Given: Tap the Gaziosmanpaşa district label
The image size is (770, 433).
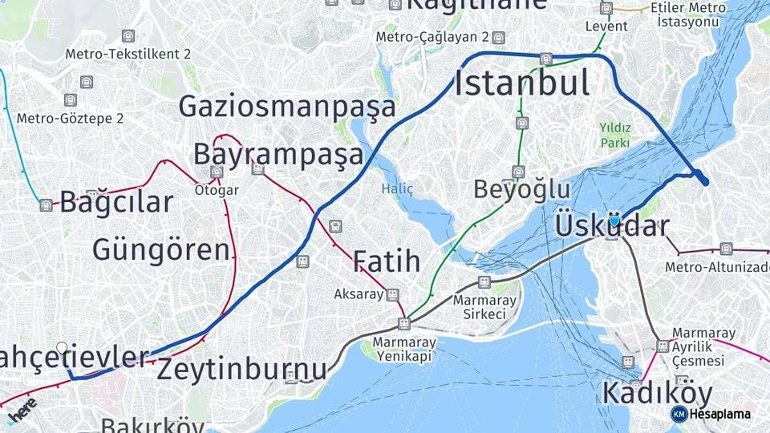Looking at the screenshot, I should tap(287, 107).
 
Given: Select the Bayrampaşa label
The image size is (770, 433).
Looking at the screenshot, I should tap(278, 154).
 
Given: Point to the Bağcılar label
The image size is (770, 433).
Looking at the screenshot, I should tap(116, 202).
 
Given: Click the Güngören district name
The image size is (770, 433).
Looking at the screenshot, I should tap(160, 249).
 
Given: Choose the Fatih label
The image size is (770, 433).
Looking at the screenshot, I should tap(387, 261).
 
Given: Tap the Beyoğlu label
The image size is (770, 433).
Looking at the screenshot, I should tap(521, 190).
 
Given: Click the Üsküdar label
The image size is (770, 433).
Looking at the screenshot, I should tap(611, 227).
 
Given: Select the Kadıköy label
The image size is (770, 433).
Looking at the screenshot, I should tap(656, 394).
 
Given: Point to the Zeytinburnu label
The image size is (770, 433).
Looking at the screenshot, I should tap(241, 370).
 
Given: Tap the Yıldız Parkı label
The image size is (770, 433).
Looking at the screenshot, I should tap(615, 135).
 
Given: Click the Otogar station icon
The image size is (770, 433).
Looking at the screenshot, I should tap(217, 172).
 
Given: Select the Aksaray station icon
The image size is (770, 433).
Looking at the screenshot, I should tap(392, 294).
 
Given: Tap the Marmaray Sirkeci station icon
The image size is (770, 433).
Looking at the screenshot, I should tap(484, 281).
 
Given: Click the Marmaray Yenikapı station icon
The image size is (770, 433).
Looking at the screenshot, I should tap(403, 324).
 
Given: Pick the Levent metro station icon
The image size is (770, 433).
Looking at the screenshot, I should tap(606, 9).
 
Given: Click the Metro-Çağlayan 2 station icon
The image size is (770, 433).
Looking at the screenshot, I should tap(499, 38).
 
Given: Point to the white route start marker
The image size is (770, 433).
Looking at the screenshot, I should tap(62, 348).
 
